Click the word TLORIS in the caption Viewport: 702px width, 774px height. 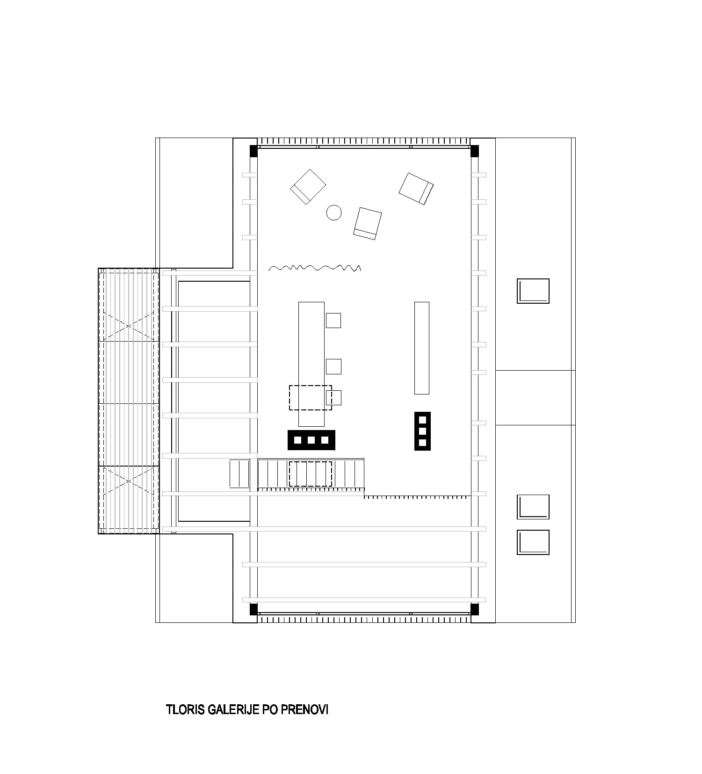click(x=186, y=709)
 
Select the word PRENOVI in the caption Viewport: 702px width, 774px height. click(x=304, y=709)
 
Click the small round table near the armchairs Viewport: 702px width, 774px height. click(x=333, y=212)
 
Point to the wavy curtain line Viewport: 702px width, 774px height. click(x=315, y=268)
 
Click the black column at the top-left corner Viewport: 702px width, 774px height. click(x=253, y=151)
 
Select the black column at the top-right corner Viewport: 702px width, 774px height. click(x=474, y=151)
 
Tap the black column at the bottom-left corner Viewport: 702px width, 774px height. click(x=253, y=609)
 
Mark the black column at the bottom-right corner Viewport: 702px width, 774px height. click(x=474, y=609)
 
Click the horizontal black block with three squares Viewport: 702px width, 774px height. click(x=311, y=440)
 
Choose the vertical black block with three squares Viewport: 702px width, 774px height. click(x=422, y=431)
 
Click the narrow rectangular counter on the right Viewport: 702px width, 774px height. click(x=422, y=348)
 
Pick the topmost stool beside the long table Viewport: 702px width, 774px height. click(x=333, y=321)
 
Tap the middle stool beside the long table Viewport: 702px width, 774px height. click(x=333, y=366)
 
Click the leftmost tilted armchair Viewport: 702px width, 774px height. click(x=308, y=187)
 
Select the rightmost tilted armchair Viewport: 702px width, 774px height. click(x=416, y=189)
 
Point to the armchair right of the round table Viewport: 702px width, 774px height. click(x=368, y=223)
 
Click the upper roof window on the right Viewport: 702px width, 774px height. click(x=533, y=291)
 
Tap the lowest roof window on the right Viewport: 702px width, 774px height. click(x=533, y=542)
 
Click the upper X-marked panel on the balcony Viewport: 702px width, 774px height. click(x=127, y=323)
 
